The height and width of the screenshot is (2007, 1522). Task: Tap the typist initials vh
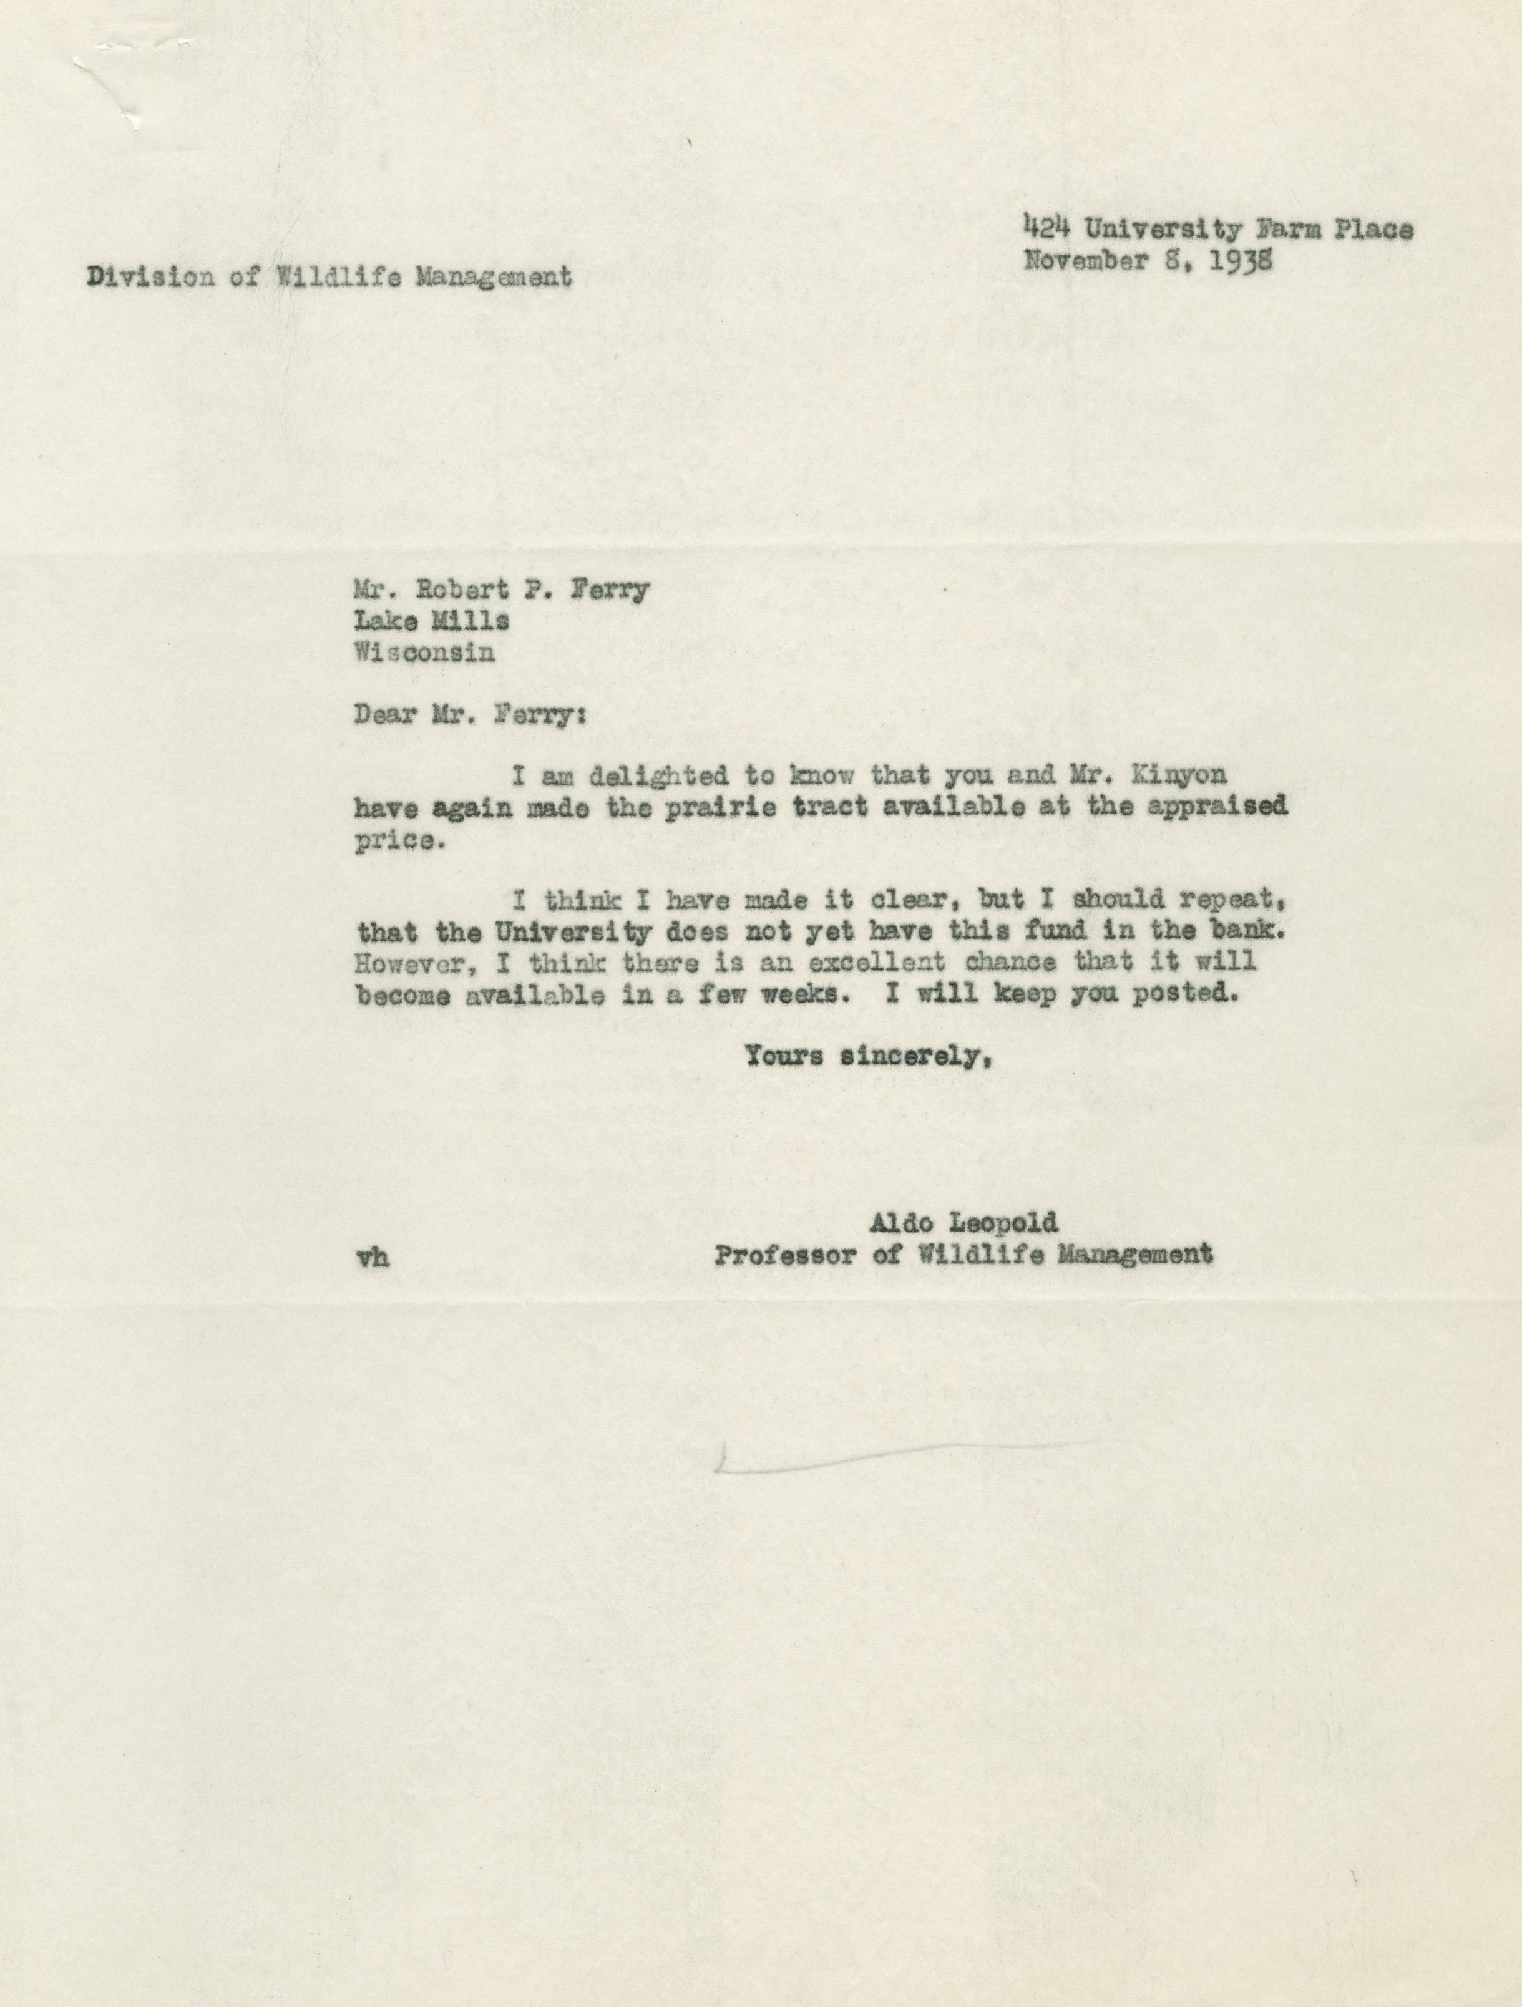(x=374, y=1258)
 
